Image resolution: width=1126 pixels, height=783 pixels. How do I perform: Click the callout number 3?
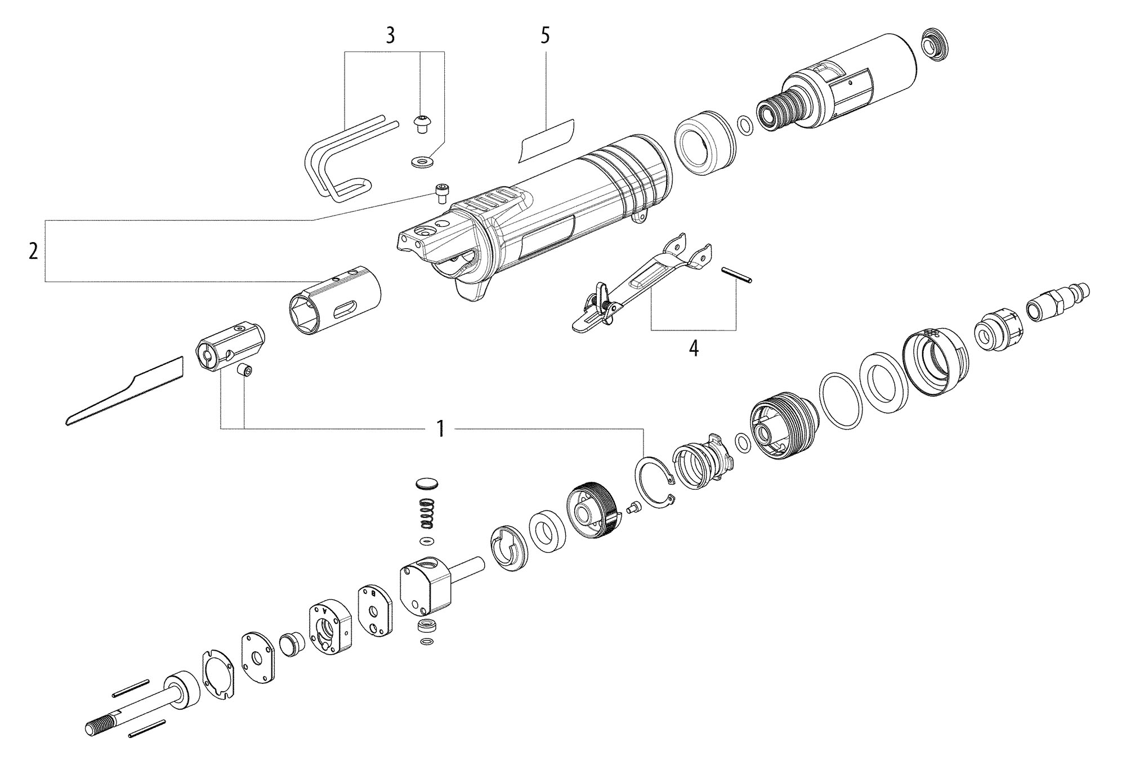pyautogui.click(x=390, y=35)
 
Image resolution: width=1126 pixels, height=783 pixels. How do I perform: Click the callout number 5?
pyautogui.click(x=544, y=35)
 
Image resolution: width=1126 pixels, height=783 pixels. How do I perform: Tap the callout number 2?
pyautogui.click(x=33, y=251)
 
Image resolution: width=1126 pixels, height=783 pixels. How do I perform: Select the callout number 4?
pyautogui.click(x=694, y=348)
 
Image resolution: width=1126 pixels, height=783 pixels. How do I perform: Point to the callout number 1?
pyautogui.click(x=441, y=429)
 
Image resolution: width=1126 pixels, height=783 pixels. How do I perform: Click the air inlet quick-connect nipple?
pyautogui.click(x=1058, y=301)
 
